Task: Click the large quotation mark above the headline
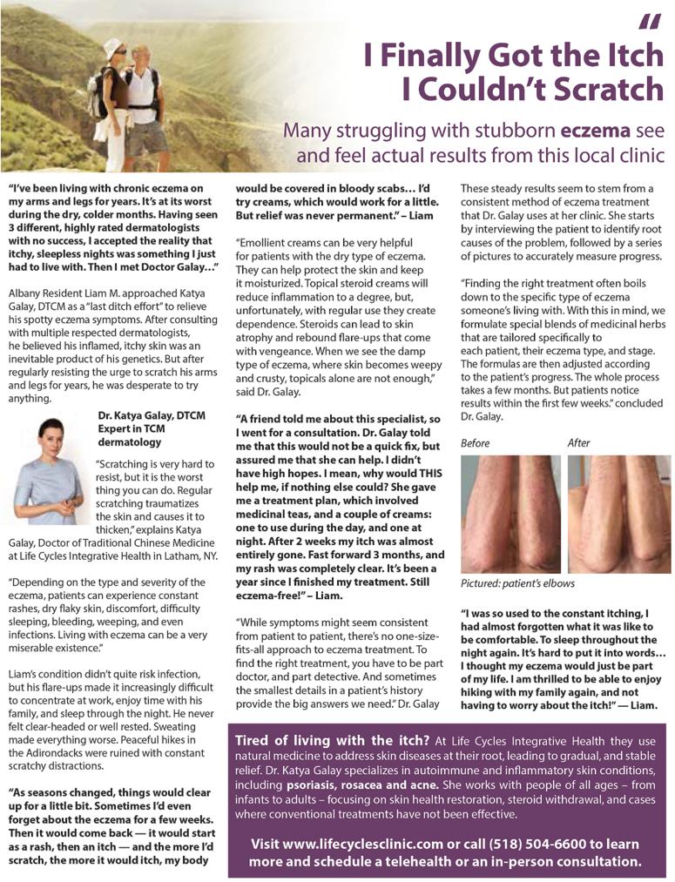(650, 21)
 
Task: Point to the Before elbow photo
(510, 514)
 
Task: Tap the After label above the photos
(579, 442)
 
